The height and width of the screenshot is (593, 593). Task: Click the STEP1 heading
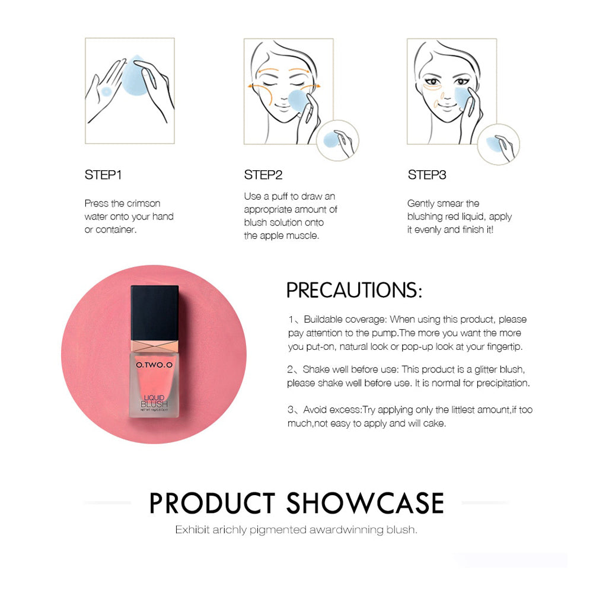(103, 175)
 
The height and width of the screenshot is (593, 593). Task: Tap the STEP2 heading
(263, 175)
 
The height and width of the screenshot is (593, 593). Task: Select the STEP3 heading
(427, 175)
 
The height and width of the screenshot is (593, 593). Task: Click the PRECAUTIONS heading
(354, 290)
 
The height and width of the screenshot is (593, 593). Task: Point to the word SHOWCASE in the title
(365, 503)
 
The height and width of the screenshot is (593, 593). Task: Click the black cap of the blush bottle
(155, 313)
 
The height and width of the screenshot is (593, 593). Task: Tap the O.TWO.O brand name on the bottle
(154, 365)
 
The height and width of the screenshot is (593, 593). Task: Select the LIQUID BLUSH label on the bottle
(154, 401)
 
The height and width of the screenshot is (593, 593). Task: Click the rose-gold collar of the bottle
(155, 346)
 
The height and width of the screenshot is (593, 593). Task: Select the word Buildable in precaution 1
(323, 320)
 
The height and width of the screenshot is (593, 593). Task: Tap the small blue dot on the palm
(106, 91)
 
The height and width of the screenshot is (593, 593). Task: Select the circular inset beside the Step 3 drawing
(499, 144)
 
